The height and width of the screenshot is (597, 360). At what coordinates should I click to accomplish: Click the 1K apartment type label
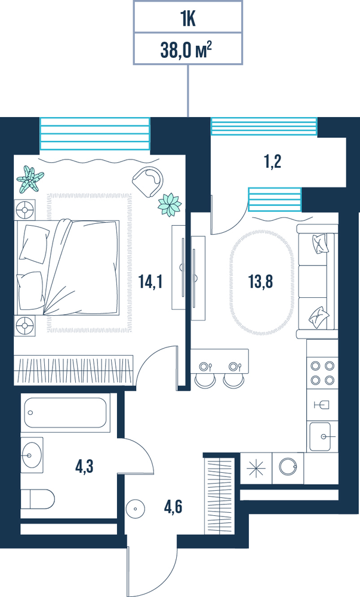tap(188, 20)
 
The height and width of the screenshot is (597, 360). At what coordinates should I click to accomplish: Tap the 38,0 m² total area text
tap(186, 50)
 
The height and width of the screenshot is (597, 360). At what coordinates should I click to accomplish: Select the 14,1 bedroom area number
tap(150, 282)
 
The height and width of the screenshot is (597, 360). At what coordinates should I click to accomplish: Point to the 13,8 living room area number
tap(261, 282)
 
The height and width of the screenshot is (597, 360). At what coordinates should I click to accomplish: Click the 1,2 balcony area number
tap(273, 162)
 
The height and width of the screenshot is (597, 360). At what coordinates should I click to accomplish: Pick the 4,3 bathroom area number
tap(85, 466)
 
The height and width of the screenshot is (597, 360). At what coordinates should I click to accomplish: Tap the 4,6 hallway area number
tap(173, 507)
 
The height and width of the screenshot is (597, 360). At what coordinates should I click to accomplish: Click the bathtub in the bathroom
tap(65, 413)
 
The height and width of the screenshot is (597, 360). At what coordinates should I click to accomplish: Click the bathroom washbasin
tap(32, 455)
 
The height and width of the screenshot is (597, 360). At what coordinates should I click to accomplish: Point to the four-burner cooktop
tap(322, 373)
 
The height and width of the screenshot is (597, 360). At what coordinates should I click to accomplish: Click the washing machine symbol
tap(288, 467)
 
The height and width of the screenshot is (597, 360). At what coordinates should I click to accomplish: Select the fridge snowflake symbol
tap(256, 468)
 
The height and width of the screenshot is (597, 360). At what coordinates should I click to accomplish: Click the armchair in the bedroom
tap(148, 182)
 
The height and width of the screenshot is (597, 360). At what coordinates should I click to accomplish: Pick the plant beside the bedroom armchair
tap(170, 204)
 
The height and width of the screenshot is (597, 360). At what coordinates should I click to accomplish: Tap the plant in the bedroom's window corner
tap(30, 179)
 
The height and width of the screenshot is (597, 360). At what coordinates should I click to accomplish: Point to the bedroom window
tap(95, 134)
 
